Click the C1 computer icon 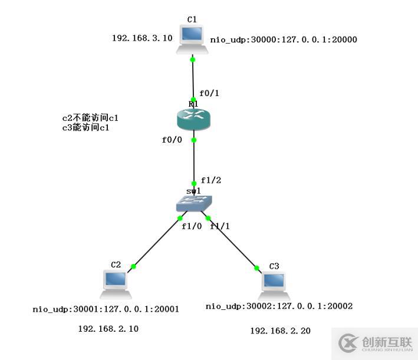(x=192, y=39)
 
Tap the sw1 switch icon (x=193, y=203)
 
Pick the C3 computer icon (x=274, y=286)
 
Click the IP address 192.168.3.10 (x=142, y=38)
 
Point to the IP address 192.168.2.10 (x=108, y=329)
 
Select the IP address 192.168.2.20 (x=280, y=331)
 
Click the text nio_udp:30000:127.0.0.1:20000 (x=284, y=40)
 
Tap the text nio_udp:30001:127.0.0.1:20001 (x=106, y=309)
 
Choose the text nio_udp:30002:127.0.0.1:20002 (x=279, y=306)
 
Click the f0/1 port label (x=209, y=93)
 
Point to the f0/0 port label (x=172, y=140)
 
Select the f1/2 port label (x=210, y=180)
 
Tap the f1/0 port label (x=191, y=226)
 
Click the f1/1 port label (x=220, y=226)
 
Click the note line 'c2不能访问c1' (x=86, y=118)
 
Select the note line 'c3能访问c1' (x=86, y=127)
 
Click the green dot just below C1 (x=193, y=60)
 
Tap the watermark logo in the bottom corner (x=374, y=343)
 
